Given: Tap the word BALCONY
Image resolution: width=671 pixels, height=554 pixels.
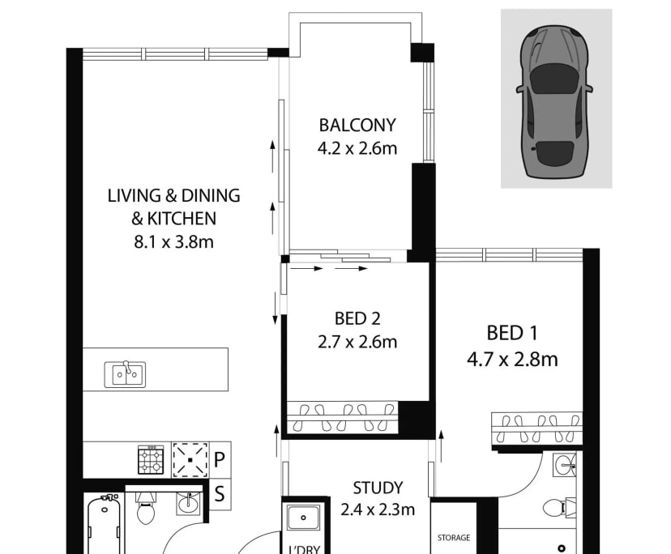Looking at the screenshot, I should pyautogui.click(x=357, y=126).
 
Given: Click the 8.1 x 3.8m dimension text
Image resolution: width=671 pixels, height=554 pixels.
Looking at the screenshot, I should pyautogui.click(x=173, y=241).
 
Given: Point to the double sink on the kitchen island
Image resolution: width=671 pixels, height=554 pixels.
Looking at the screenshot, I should pyautogui.click(x=125, y=373).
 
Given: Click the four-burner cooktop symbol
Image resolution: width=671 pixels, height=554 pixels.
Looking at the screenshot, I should pyautogui.click(x=151, y=460).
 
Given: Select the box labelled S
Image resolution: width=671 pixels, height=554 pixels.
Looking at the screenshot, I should pyautogui.click(x=219, y=491).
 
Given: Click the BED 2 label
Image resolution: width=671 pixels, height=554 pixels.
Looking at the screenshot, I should pyautogui.click(x=357, y=318).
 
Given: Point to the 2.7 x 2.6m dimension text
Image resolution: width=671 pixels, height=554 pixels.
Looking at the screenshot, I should pyautogui.click(x=357, y=342).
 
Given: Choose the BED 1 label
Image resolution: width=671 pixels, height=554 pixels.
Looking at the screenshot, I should pyautogui.click(x=512, y=333).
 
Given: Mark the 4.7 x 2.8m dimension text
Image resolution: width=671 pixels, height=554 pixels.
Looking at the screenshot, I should pyautogui.click(x=512, y=359).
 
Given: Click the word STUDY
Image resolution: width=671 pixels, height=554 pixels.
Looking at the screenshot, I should pyautogui.click(x=378, y=488).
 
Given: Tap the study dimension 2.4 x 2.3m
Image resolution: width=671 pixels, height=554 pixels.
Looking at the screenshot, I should pyautogui.click(x=378, y=509).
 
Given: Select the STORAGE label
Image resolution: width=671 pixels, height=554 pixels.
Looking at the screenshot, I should pyautogui.click(x=454, y=537).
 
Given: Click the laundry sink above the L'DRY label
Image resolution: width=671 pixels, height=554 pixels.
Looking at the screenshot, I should pyautogui.click(x=301, y=518).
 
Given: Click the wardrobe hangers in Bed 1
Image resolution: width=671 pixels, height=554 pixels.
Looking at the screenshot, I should pyautogui.click(x=536, y=421).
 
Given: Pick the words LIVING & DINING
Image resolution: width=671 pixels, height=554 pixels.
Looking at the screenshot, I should pyautogui.click(x=173, y=196).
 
